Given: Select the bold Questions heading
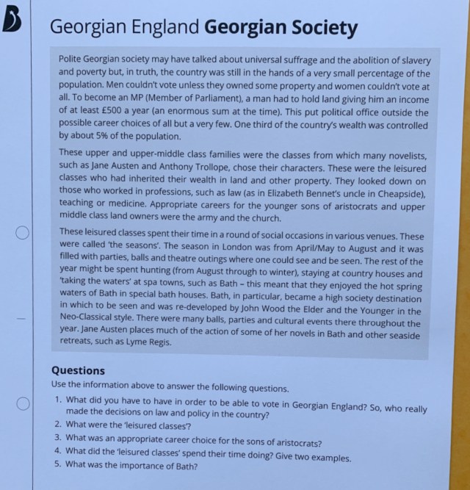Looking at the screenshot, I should [78, 371].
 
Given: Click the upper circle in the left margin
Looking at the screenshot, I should [23, 233].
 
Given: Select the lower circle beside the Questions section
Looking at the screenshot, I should [23, 403].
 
